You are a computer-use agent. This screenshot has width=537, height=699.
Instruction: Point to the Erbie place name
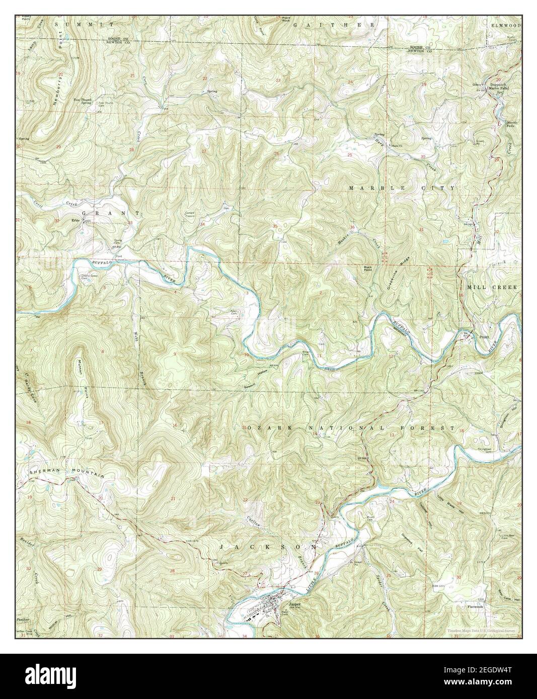coord(76,220)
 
